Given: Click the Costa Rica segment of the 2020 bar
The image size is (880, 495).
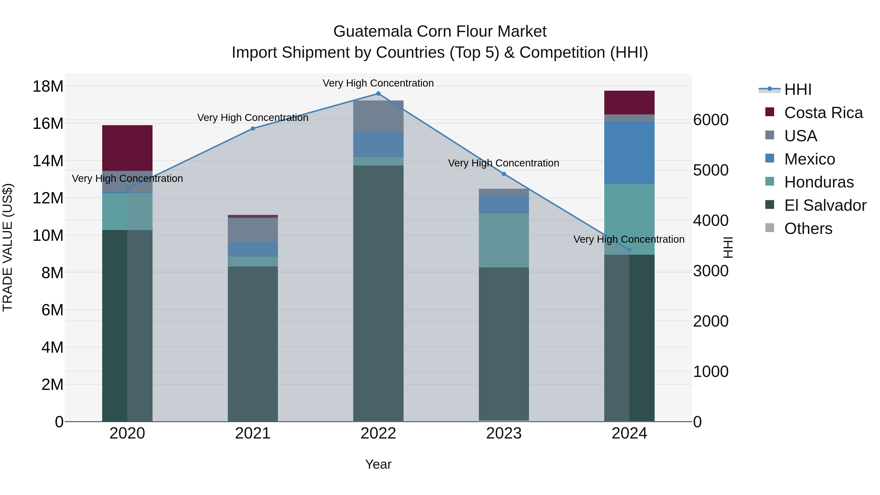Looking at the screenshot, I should coord(127,148).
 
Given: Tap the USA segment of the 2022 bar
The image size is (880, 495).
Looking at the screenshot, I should coord(378,116).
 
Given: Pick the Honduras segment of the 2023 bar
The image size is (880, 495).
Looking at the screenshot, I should coord(504,240).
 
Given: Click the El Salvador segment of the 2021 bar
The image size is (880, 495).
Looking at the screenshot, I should coord(253,343).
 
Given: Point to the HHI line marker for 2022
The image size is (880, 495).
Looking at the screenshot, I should coord(378,94).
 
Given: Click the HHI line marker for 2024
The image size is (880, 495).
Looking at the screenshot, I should coord(629,250).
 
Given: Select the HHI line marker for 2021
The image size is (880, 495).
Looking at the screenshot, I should coord(253,128).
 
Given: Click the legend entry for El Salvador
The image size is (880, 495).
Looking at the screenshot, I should coord(825,205).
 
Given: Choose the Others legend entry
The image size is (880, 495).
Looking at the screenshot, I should coord(808,229).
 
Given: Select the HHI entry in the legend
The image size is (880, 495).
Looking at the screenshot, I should coord(797,89).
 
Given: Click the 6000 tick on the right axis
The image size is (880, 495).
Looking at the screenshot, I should coord(711,120).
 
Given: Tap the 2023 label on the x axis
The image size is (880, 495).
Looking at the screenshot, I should coord(504,433).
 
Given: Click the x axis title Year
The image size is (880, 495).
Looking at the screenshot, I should coord(378,464).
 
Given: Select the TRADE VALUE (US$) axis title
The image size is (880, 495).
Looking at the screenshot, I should coord(8,247).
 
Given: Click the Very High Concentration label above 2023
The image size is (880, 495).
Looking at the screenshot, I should coord(503,163).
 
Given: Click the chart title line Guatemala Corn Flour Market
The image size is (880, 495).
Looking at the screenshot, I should coord(440,32).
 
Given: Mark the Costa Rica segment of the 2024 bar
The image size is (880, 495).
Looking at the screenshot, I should coord(629,102).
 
